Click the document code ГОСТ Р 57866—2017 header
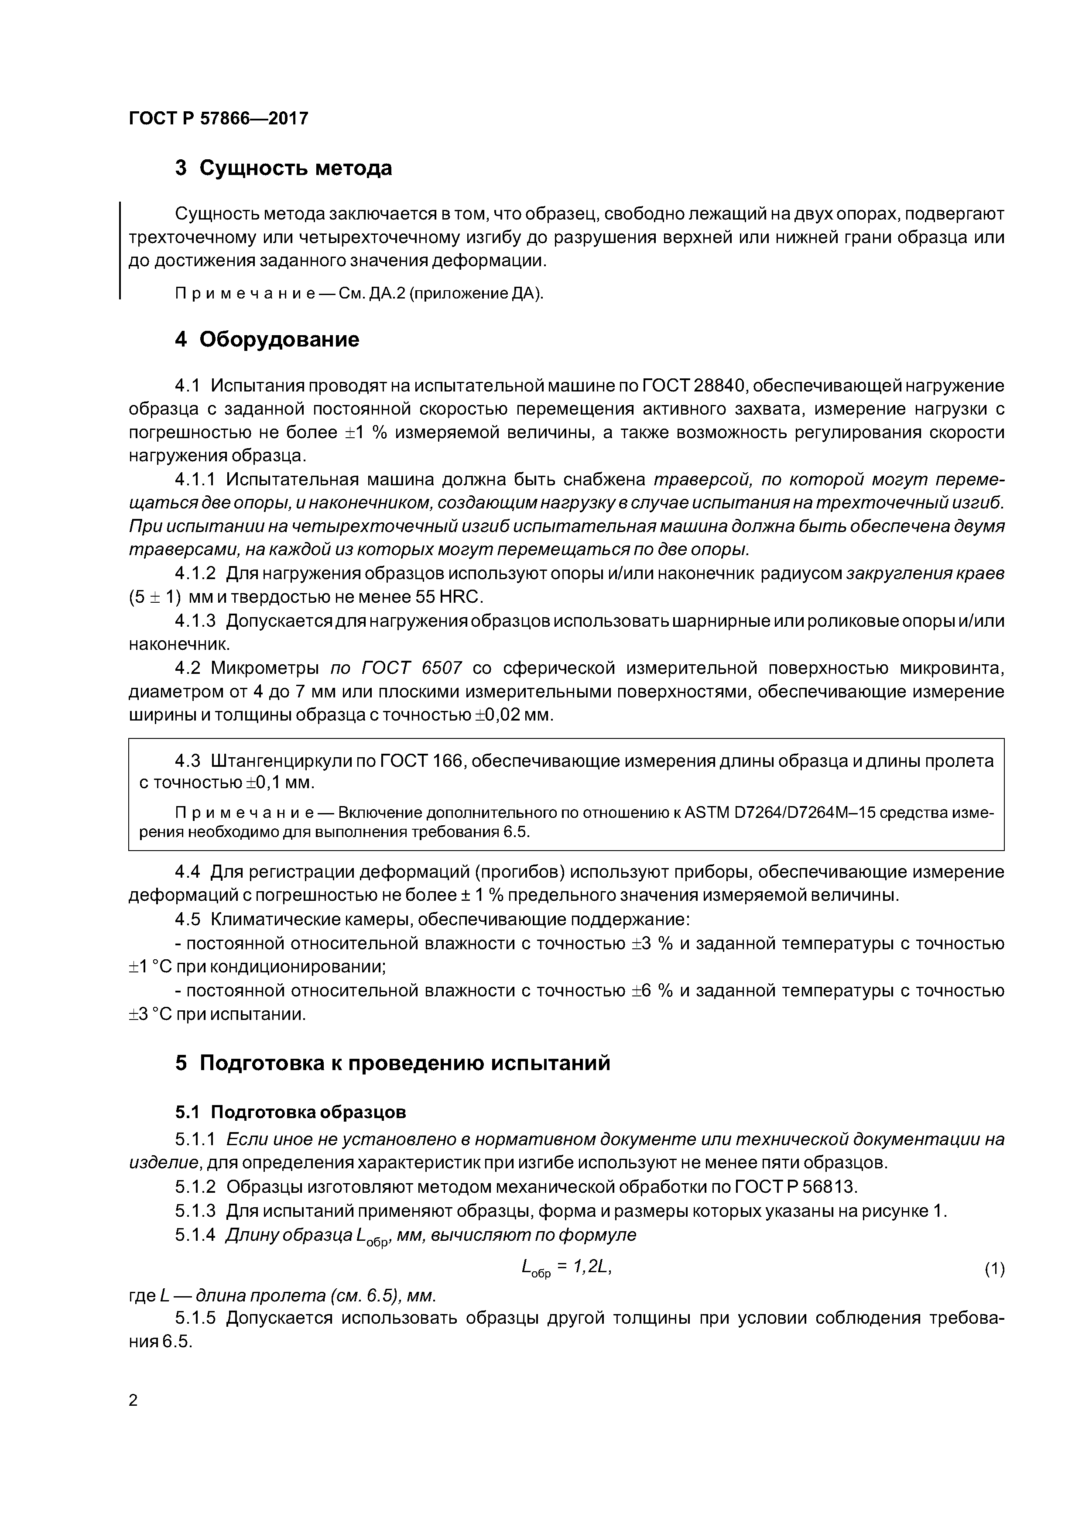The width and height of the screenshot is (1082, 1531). click(x=218, y=119)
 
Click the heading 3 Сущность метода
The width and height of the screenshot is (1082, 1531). click(x=283, y=168)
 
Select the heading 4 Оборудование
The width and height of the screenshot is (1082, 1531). click(x=267, y=340)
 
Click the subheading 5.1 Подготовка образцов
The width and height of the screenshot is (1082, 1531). click(x=290, y=1112)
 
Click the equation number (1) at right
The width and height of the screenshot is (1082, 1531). click(x=994, y=1270)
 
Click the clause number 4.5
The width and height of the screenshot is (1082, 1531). click(x=187, y=920)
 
